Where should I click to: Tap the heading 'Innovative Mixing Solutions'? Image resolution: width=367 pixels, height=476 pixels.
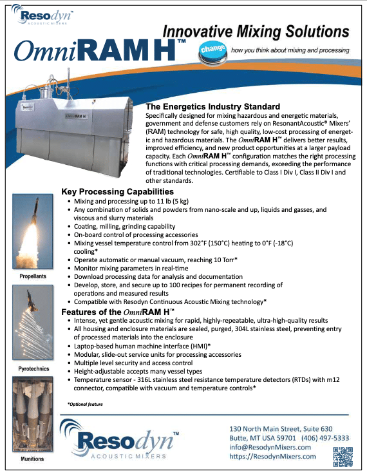(x=256, y=31)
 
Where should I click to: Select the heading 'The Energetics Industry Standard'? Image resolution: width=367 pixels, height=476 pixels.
(x=213, y=106)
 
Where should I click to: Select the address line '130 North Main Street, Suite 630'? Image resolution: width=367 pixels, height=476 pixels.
(x=281, y=429)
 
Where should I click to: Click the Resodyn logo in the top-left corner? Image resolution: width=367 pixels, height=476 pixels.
(x=42, y=17)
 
